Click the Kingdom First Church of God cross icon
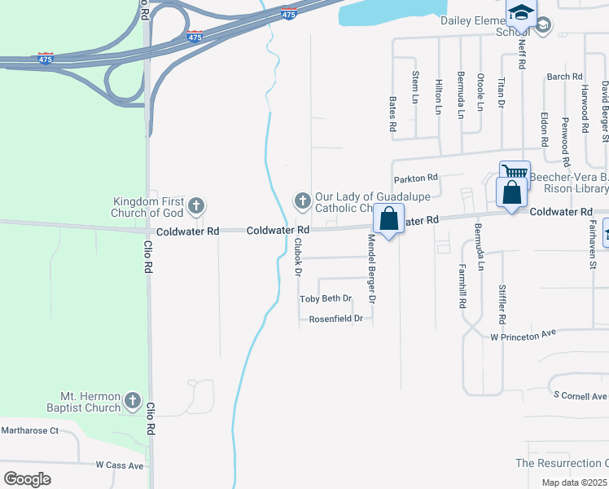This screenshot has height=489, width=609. pyautogui.click(x=196, y=206)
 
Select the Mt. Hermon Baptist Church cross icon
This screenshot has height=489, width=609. pyautogui.click(x=133, y=401)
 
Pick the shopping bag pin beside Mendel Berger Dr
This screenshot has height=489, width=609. pyautogui.click(x=389, y=219)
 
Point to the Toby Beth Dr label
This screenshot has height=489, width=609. pyautogui.click(x=326, y=299)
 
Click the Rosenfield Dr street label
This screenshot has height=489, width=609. pyautogui.click(x=335, y=319)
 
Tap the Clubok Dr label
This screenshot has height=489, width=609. pyautogui.click(x=299, y=255)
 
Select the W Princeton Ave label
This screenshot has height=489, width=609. pyautogui.click(x=523, y=335)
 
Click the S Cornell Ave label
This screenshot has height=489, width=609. pyautogui.click(x=580, y=395)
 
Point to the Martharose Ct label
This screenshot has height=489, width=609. pyautogui.click(x=30, y=430)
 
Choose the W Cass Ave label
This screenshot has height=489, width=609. pyautogui.click(x=119, y=465)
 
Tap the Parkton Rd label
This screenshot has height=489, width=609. pyautogui.click(x=415, y=178)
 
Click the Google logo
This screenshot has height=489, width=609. pyautogui.click(x=27, y=478)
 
